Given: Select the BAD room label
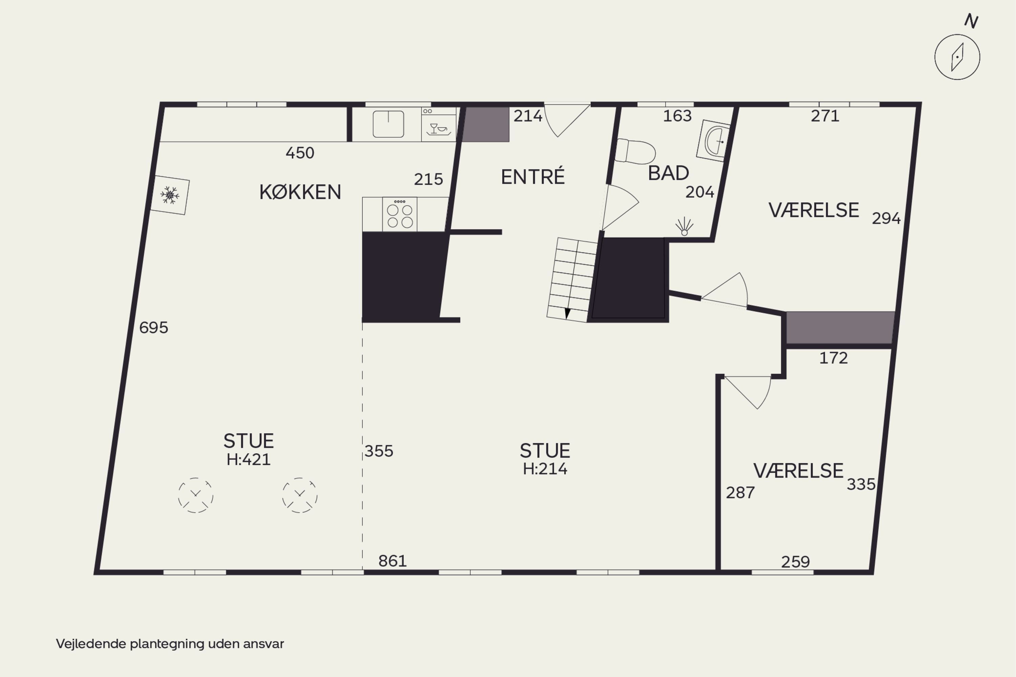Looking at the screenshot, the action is pyautogui.click(x=668, y=173).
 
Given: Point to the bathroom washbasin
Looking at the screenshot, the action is pyautogui.click(x=713, y=140).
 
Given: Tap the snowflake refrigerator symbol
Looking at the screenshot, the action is pyautogui.click(x=170, y=195).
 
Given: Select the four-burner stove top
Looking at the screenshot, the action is pyautogui.click(x=400, y=214).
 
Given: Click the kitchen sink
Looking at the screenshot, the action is pyautogui.click(x=388, y=124).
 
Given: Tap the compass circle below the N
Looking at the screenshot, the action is pyautogui.click(x=957, y=57).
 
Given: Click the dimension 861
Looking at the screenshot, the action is pyautogui.click(x=393, y=561).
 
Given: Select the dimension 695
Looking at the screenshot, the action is pyautogui.click(x=154, y=328).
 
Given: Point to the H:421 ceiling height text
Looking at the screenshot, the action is pyautogui.click(x=249, y=459).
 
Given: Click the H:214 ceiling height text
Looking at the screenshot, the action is pyautogui.click(x=545, y=469).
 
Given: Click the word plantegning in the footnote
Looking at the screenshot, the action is pyautogui.click(x=168, y=644).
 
